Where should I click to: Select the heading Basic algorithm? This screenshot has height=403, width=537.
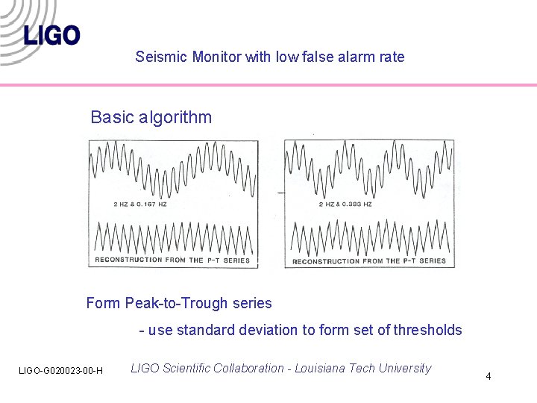(151, 117)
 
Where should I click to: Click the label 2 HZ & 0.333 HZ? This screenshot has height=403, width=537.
(345, 204)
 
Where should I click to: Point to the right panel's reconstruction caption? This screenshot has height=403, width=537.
(369, 260)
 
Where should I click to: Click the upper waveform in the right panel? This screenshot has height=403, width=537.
(369, 168)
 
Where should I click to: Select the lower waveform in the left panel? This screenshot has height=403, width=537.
(173, 237)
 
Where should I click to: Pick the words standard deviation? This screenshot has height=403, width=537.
(245, 330)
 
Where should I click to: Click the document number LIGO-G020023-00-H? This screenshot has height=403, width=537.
(61, 371)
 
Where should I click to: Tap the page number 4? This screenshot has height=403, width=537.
(488, 376)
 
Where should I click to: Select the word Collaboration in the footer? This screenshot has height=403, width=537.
(249, 368)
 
